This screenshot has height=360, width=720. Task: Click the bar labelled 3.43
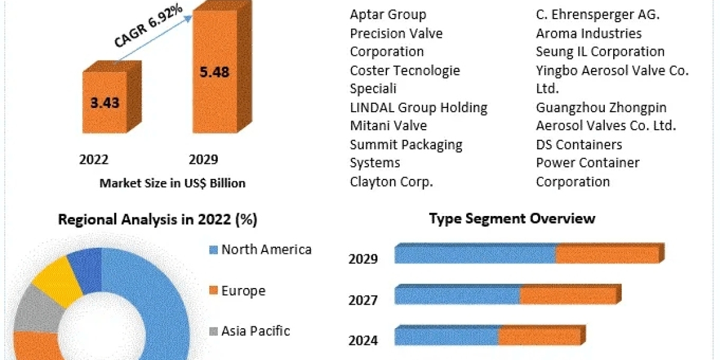(x=104, y=102)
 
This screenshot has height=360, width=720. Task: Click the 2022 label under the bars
(x=94, y=160)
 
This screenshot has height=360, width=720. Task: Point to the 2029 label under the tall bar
(x=203, y=160)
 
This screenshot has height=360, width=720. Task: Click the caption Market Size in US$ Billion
(x=172, y=184)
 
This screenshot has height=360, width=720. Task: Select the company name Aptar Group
(x=388, y=14)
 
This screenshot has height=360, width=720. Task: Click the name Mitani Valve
(x=388, y=126)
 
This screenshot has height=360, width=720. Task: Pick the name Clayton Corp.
(x=391, y=182)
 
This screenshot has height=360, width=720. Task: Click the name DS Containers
(x=579, y=145)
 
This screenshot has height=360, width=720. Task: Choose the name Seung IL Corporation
(x=600, y=52)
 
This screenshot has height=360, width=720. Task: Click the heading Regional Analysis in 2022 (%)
(x=157, y=220)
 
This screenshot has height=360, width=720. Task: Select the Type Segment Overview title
(x=512, y=218)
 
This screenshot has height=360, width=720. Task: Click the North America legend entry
(x=260, y=250)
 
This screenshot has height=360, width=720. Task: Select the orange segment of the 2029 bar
(x=607, y=254)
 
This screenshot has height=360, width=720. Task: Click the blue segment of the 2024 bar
(x=446, y=337)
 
